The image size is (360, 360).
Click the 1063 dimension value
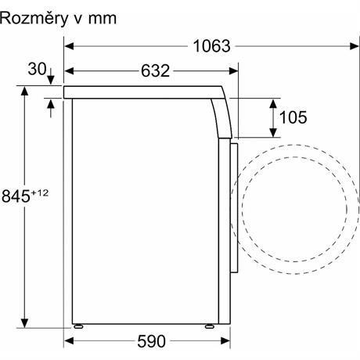(211, 46)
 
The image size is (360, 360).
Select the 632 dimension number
(155, 70)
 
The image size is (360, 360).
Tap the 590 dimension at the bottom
(151, 341)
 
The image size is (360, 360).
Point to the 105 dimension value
(293, 117)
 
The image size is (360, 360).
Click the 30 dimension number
(37, 69)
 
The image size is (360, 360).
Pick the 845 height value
(16, 196)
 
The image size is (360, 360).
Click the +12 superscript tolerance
(40, 193)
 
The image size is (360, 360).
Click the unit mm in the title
(103, 20)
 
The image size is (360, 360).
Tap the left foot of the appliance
(78, 326)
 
